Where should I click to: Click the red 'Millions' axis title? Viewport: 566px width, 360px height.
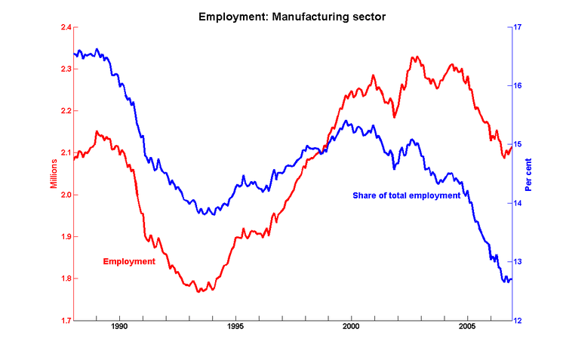tap(54, 174)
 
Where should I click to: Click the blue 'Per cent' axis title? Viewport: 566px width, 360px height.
tap(529, 174)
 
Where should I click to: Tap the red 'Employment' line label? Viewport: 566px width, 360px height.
tap(129, 261)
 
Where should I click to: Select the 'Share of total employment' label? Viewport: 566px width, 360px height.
tap(406, 195)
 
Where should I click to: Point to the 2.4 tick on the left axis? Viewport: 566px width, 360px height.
tap(66, 27)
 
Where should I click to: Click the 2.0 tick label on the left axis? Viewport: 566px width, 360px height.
tap(66, 195)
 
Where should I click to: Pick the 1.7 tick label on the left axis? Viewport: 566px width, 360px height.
tap(66, 320)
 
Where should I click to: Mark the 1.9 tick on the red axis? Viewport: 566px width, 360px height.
tap(66, 236)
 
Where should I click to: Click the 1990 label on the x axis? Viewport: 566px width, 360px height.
tap(119, 328)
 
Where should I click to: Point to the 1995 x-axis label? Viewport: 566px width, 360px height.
tap(235, 328)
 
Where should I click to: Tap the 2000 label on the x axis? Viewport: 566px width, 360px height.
tap(351, 328)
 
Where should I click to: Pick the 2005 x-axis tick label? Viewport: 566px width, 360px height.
tap(467, 328)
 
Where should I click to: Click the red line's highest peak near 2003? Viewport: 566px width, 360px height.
tap(414, 57)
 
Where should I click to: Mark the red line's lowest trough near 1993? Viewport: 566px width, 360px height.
tap(199, 291)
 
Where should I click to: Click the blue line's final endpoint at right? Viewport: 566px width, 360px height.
tap(512, 280)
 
